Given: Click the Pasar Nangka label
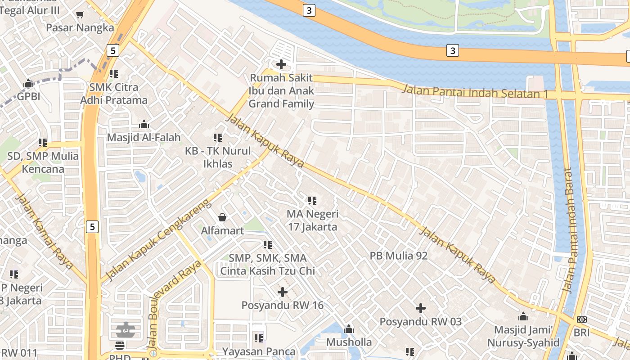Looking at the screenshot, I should (80, 28).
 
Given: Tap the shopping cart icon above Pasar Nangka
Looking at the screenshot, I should (80, 14).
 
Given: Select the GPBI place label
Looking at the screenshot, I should (29, 96).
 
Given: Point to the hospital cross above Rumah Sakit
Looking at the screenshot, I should (281, 64).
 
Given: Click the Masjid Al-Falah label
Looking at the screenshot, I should (144, 137).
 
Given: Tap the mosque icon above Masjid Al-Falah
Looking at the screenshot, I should (144, 124).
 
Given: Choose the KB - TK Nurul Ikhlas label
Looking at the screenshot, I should (218, 157).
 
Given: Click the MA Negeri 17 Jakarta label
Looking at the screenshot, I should (312, 220).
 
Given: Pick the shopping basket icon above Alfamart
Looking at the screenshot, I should (222, 217).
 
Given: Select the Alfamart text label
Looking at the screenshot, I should (222, 231).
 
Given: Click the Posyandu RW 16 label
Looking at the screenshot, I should (283, 305).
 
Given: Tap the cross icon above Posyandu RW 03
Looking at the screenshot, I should (421, 308).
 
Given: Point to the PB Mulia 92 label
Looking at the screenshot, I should (398, 256).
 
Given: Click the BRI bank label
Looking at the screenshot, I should (581, 333).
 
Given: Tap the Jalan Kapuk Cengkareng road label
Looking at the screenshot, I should (157, 240).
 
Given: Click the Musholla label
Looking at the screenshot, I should (349, 342).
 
